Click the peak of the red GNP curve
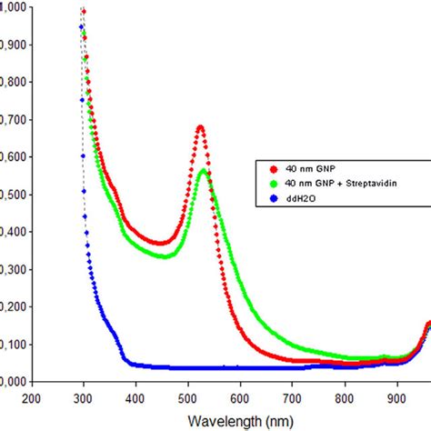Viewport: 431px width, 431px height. [200, 127]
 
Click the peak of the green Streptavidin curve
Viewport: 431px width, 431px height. [205, 171]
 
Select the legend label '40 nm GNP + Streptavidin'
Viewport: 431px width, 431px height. [336, 183]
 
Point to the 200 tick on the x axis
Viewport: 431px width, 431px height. [31, 397]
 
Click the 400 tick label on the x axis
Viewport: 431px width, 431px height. [135, 397]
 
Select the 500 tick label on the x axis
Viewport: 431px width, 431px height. [188, 397]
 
